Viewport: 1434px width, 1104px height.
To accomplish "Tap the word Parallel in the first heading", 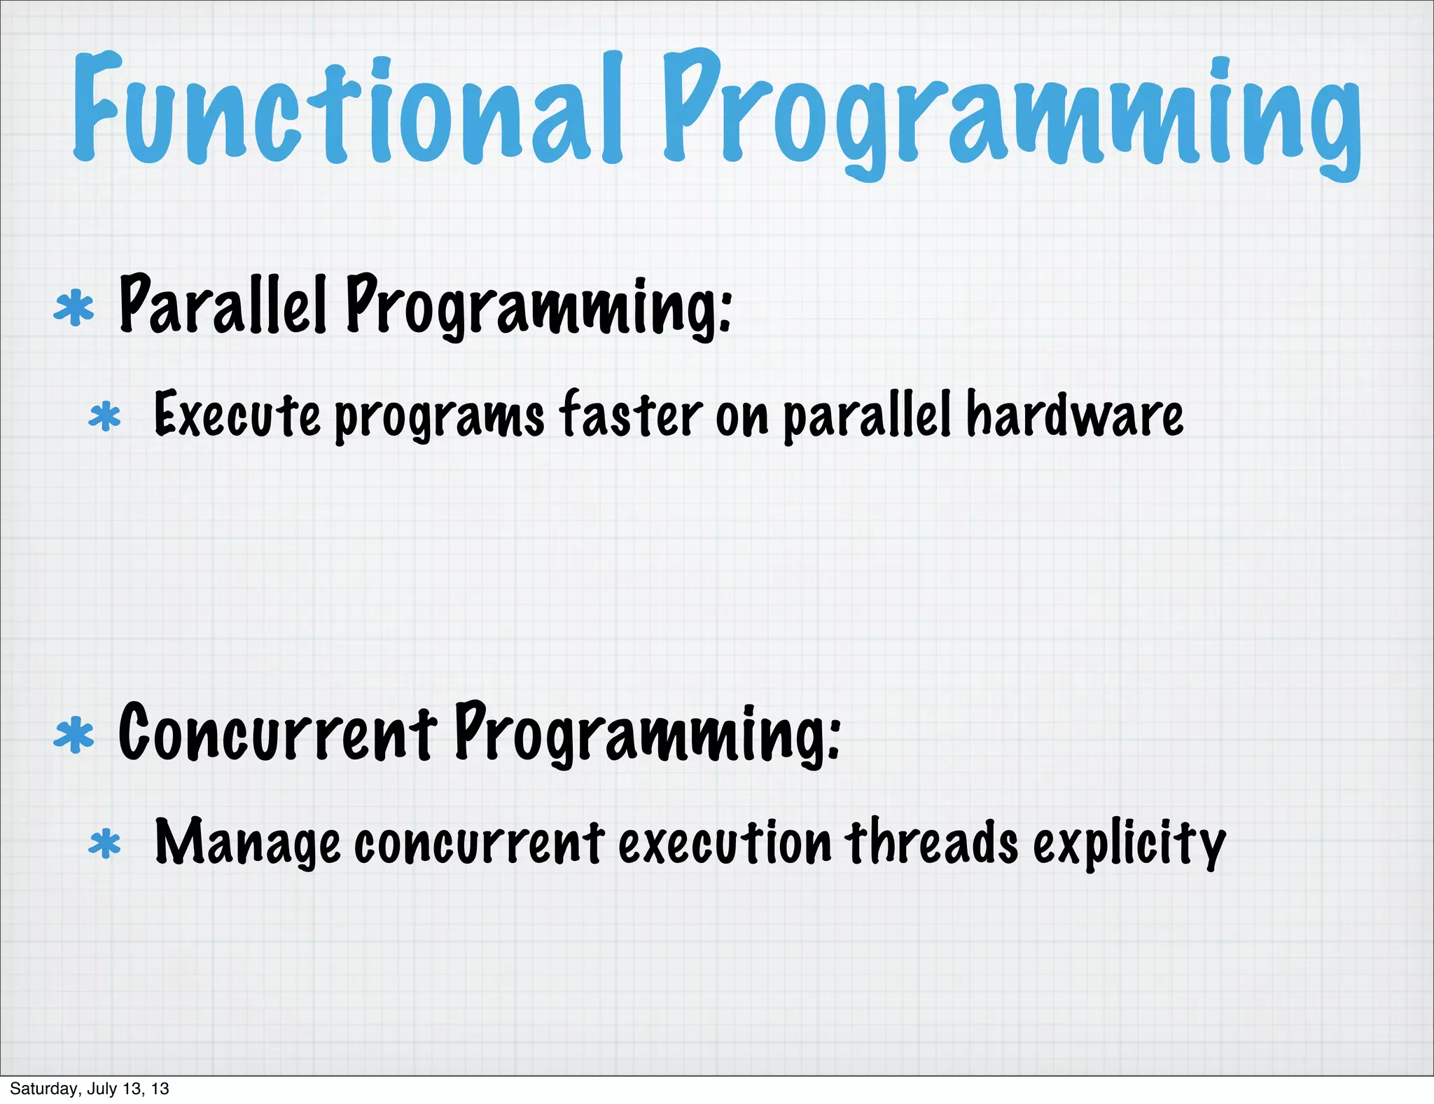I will click(x=223, y=305).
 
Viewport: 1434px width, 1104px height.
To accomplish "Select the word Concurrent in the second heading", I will click(x=277, y=733).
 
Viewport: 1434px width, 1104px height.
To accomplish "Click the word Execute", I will click(x=237, y=415).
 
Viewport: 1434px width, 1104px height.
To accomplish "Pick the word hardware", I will click(x=1075, y=415).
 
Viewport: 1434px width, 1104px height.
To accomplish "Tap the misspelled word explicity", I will click(x=1129, y=843).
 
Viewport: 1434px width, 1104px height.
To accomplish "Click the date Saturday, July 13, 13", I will click(x=90, y=1088).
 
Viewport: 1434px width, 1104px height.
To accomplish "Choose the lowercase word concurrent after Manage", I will click(x=479, y=843).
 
